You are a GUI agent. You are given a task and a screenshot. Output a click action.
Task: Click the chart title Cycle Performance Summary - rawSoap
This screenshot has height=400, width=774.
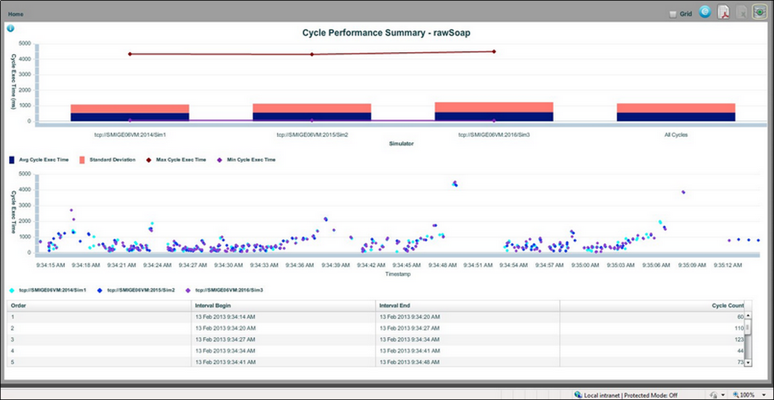click(386, 33)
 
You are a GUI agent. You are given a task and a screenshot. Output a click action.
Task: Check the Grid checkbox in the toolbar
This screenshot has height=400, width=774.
click(673, 14)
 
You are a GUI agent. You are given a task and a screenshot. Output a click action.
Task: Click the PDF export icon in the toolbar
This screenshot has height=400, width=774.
click(723, 13)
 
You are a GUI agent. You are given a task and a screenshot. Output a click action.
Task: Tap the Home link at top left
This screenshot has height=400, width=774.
click(16, 14)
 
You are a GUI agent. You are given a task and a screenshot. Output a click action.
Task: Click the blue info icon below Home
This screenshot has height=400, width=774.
click(10, 28)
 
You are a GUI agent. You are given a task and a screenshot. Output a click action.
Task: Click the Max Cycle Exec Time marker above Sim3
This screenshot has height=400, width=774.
click(494, 51)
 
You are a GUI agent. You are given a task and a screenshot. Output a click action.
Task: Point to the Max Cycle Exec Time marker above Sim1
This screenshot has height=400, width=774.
click(130, 54)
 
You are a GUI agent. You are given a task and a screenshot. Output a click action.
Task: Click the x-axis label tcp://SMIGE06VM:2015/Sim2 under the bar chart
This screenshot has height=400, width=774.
click(312, 135)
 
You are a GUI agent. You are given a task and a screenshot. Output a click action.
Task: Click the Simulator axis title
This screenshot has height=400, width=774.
click(401, 144)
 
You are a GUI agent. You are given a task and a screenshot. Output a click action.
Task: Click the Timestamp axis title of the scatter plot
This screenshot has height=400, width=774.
click(399, 274)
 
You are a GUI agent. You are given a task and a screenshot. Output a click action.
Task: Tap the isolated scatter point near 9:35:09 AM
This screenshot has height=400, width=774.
click(683, 192)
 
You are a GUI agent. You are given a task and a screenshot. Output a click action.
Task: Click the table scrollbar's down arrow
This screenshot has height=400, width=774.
click(747, 363)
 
